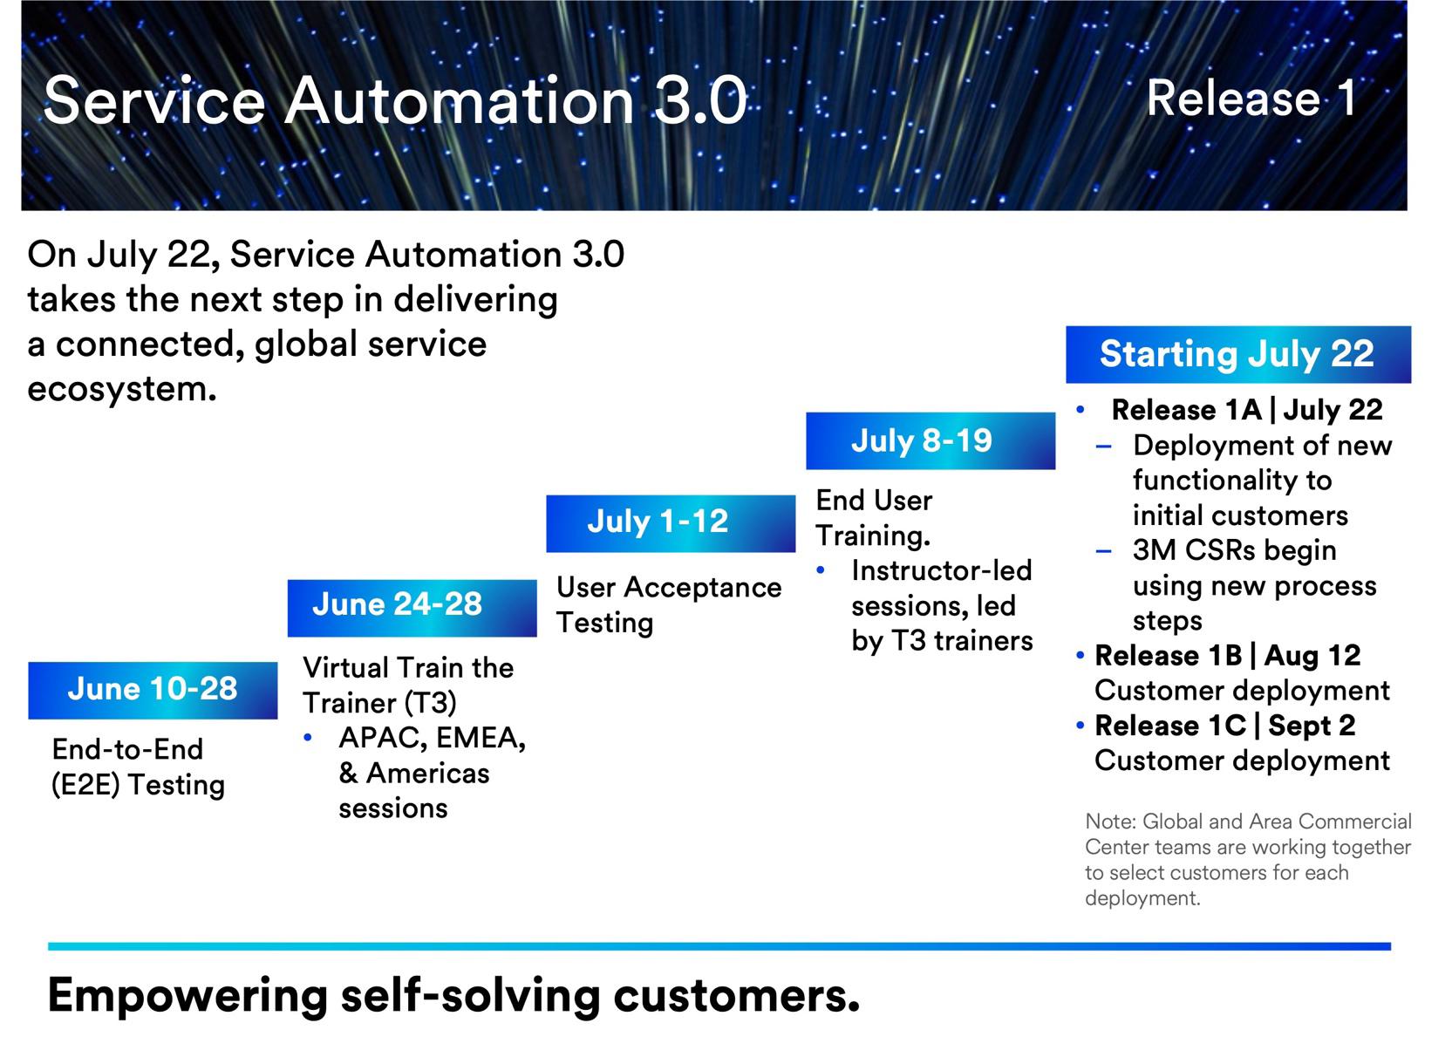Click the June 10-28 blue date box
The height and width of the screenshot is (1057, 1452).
[x=153, y=690]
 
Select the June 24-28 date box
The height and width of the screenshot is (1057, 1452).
[x=412, y=607]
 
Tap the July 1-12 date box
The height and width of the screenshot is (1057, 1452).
[x=670, y=523]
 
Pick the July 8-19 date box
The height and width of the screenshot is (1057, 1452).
[x=930, y=440]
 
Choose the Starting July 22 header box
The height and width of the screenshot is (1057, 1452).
[x=1237, y=354]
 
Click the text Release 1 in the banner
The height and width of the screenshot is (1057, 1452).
[x=1251, y=98]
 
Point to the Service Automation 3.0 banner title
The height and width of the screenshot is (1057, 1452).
[x=394, y=100]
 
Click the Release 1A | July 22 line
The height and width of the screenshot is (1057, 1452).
[x=1246, y=410]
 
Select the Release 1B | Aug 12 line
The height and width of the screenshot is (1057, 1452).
[x=1227, y=656]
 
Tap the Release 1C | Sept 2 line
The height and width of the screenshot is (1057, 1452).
[x=1224, y=726]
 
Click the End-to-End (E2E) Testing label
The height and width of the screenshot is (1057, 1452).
[x=138, y=767]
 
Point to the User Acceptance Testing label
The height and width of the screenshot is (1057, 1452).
[x=668, y=604]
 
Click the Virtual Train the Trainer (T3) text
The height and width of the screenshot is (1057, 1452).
[x=407, y=685]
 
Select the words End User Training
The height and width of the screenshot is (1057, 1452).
[x=874, y=517]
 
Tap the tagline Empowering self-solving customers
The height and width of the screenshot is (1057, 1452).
[x=453, y=995]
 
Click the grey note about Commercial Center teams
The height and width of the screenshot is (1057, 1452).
[x=1247, y=859]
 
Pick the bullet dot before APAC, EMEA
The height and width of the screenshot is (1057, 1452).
[x=308, y=738]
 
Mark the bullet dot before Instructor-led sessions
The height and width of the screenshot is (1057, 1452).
[x=821, y=571]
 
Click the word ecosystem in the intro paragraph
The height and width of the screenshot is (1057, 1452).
[x=121, y=389]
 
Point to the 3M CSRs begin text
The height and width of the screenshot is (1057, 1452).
[x=1234, y=551]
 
